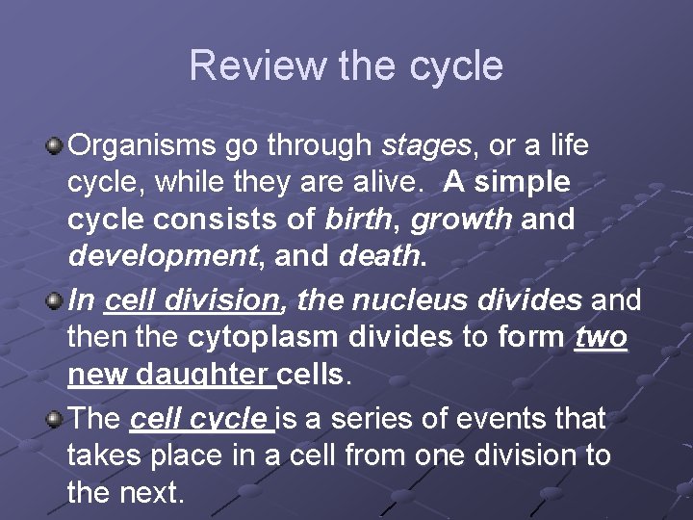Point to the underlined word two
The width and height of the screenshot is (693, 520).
[x=601, y=337]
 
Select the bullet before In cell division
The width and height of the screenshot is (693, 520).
[x=54, y=300]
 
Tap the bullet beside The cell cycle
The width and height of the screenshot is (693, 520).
[x=54, y=419]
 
